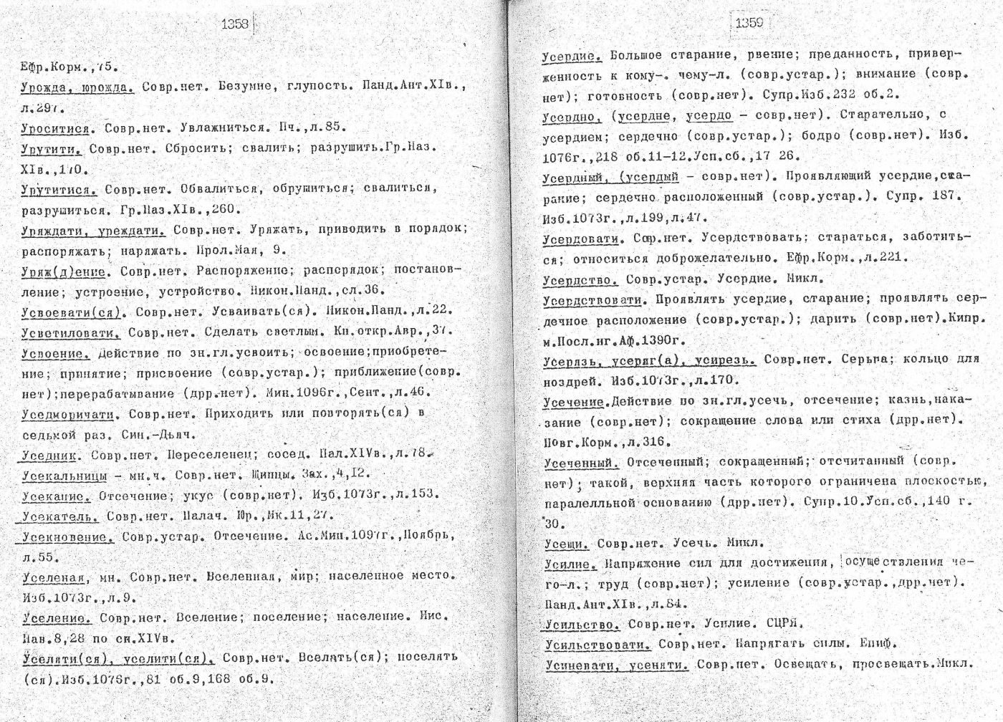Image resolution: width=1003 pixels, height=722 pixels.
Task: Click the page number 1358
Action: [x=235, y=23]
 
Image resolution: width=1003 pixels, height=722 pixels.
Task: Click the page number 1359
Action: [x=749, y=22]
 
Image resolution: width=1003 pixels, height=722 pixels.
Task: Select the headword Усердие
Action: [x=570, y=55]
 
